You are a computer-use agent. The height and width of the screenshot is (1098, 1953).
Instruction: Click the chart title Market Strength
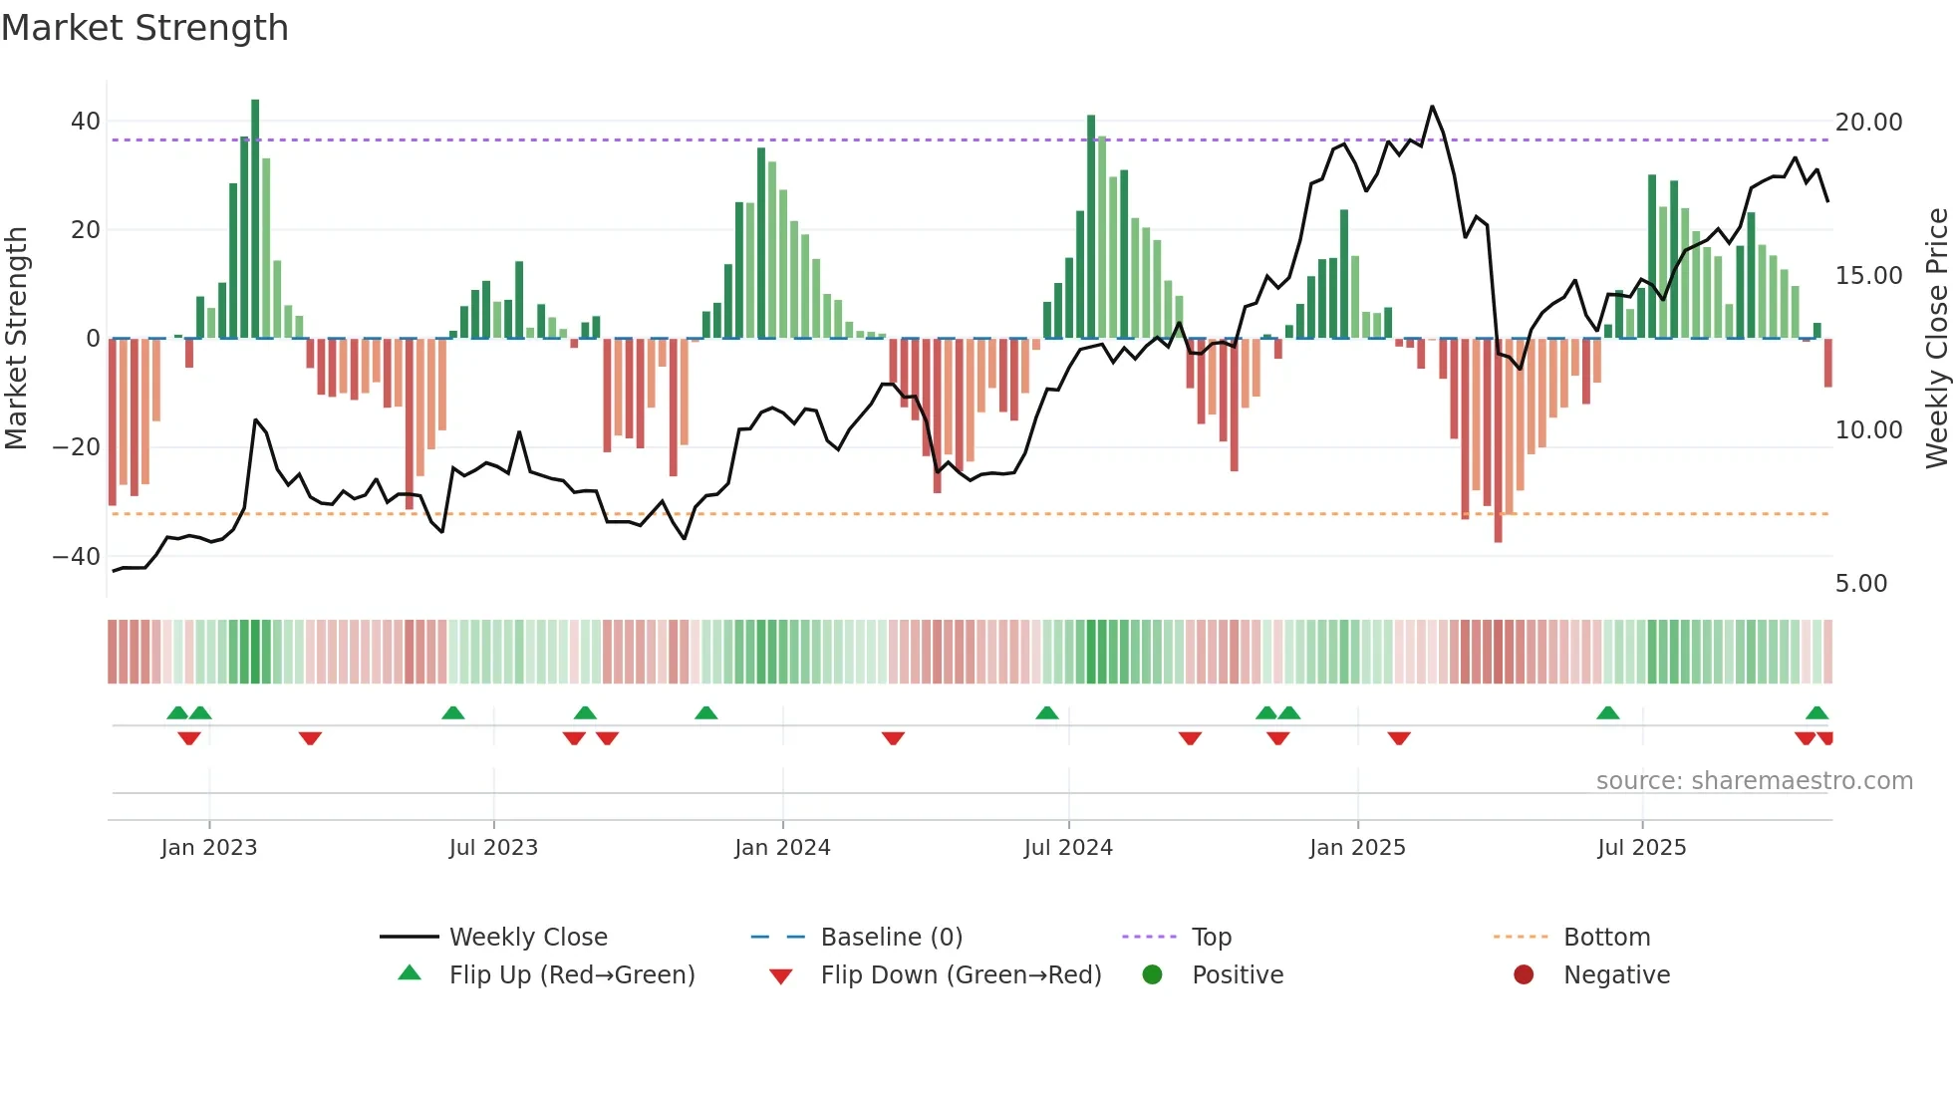point(144,28)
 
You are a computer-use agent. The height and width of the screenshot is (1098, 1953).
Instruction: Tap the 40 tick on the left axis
point(86,122)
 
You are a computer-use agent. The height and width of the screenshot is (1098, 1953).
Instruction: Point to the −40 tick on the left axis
point(77,556)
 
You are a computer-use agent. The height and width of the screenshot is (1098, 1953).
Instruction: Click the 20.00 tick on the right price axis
point(1868,123)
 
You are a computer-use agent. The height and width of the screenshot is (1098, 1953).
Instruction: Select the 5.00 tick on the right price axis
point(1860,584)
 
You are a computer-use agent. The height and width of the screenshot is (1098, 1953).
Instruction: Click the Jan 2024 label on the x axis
point(782,848)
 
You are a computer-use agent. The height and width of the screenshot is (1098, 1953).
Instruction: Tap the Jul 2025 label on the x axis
point(1641,848)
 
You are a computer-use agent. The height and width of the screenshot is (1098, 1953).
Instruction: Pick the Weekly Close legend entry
point(527,938)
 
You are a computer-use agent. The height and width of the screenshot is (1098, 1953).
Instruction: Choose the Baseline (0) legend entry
point(891,938)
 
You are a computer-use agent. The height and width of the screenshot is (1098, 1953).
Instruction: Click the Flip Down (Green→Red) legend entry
point(961,975)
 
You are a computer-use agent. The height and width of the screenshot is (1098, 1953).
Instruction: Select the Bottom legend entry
point(1606,938)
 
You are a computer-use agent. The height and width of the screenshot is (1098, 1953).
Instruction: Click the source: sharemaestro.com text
point(1754,781)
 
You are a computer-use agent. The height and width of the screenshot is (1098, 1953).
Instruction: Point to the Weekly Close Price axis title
point(1936,339)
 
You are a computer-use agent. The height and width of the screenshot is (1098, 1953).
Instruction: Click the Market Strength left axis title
point(17,339)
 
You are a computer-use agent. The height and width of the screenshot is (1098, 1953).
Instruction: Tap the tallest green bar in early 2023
point(255,219)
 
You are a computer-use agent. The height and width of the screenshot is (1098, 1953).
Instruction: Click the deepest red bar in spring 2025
point(1498,440)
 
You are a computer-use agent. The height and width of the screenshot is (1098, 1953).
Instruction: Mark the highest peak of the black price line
point(1432,107)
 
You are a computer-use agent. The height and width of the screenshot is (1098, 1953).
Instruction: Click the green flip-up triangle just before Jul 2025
point(1607,713)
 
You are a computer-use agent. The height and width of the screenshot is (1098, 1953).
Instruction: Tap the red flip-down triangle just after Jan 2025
point(1399,738)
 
